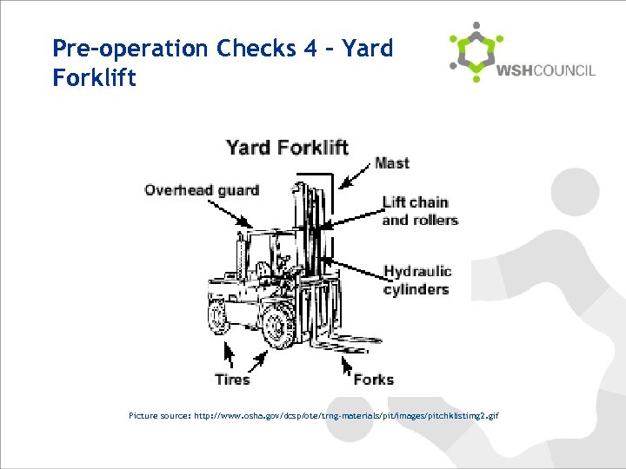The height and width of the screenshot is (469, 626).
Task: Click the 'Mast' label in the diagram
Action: click(391, 163)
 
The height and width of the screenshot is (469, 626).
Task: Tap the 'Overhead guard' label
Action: click(202, 190)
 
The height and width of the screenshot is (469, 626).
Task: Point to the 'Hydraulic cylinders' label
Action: click(417, 281)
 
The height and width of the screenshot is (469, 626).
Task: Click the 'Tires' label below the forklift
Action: click(232, 379)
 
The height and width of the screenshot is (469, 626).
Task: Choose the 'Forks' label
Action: click(373, 379)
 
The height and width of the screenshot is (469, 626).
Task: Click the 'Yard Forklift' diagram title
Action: click(287, 147)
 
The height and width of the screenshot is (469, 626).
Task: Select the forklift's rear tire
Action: click(217, 312)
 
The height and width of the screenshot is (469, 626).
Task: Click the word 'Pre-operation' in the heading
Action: click(112, 48)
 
